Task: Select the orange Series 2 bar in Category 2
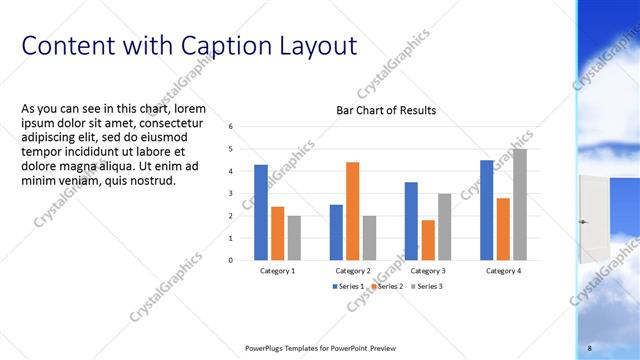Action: (352, 211)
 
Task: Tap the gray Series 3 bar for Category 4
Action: (519, 204)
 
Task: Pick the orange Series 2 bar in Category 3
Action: (428, 240)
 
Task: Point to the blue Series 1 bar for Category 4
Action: (486, 210)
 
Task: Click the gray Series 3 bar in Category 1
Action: (294, 238)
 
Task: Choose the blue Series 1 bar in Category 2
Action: (336, 232)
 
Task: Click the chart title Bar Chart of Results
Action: (385, 111)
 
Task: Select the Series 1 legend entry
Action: (347, 286)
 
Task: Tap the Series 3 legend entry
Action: (425, 286)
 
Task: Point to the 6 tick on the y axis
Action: (231, 127)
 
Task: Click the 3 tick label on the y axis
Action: (231, 194)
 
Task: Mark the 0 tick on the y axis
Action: (231, 260)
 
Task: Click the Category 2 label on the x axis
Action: (352, 271)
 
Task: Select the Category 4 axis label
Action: (503, 271)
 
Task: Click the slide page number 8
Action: (589, 347)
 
